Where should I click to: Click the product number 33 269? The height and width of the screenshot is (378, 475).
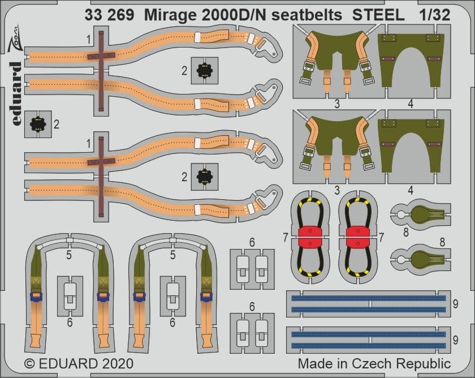coord(109,15)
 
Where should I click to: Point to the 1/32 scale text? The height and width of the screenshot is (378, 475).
coord(435,15)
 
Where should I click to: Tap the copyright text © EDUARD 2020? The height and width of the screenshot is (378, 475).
coord(79,363)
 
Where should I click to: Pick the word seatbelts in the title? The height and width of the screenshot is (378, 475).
coord(307,15)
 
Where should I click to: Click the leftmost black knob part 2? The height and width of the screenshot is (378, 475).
coord(37,124)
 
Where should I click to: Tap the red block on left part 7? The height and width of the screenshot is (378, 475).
coord(310,237)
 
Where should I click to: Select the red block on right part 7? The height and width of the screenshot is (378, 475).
coord(358,237)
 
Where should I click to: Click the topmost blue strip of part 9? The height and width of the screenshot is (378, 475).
coord(369,299)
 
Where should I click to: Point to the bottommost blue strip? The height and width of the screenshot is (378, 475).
coord(369,346)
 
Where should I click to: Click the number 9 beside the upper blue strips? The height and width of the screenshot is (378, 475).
coord(455,304)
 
